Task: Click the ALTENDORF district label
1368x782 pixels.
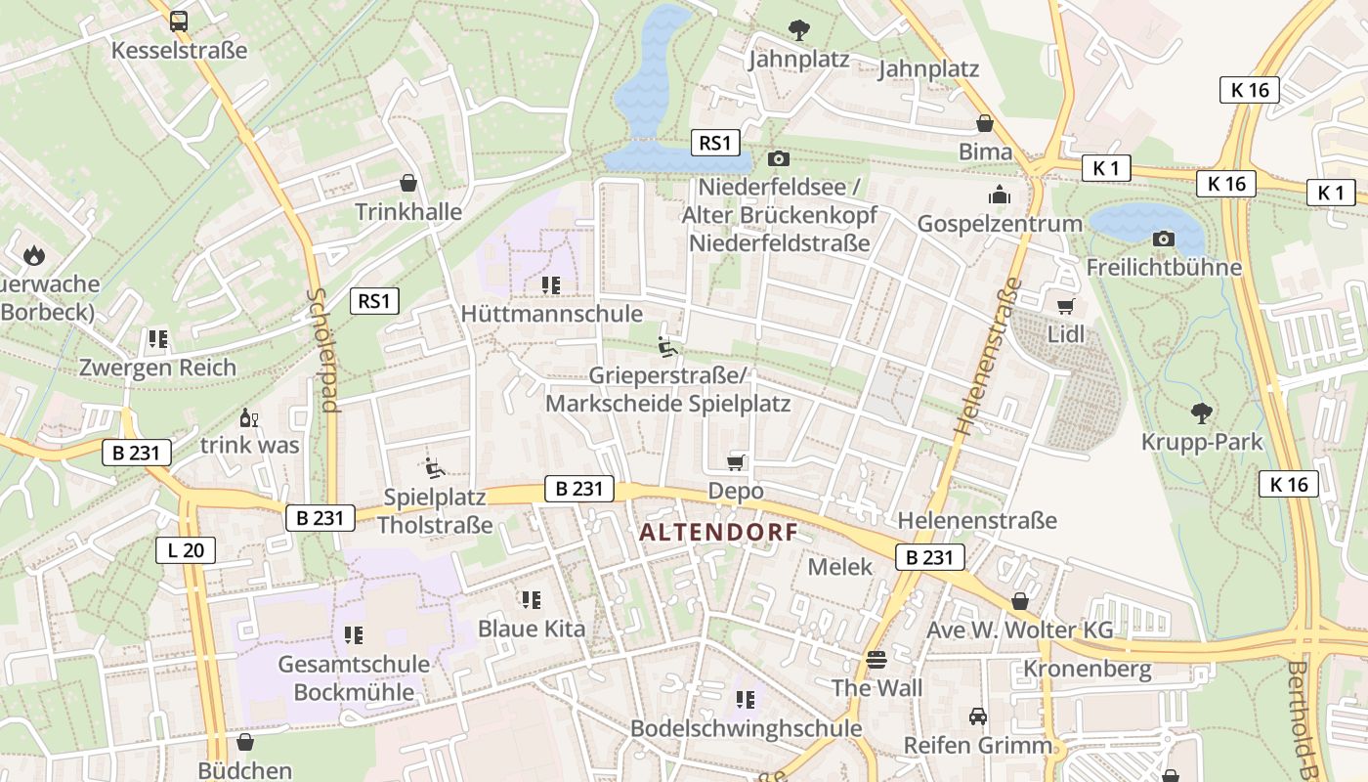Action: coord(718,533)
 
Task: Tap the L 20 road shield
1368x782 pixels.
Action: coord(185,550)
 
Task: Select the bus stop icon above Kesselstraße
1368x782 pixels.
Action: coord(179,21)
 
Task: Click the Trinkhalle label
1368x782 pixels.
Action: coord(408,211)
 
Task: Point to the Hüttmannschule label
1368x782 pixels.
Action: coord(551,314)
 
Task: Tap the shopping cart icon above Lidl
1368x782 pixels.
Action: coord(1065,306)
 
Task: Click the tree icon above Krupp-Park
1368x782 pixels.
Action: coord(1201,413)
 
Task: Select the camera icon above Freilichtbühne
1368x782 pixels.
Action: coord(1163,239)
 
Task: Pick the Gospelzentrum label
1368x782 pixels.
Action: coord(1000,224)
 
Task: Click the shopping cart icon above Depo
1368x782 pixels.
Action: coord(736,461)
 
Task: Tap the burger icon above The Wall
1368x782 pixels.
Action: coord(876,659)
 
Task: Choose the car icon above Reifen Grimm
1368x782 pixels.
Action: coord(977,717)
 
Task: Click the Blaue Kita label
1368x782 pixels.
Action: coord(532,629)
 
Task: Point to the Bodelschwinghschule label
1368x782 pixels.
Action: coord(746,728)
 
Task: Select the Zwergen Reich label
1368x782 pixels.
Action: coord(158,368)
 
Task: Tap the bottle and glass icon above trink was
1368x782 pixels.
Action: coord(250,417)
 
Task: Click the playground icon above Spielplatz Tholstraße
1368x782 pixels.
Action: coord(435,468)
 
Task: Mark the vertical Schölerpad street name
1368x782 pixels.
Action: coord(326,349)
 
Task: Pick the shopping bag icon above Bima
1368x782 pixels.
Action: coord(985,123)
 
